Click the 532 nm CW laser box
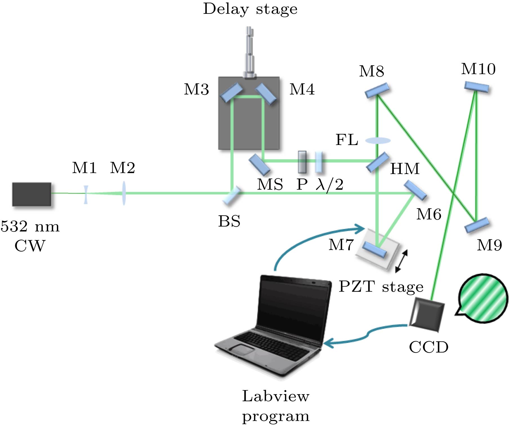(32, 194)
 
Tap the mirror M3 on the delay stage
(231, 92)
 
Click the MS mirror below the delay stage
(259, 165)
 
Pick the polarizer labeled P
(302, 162)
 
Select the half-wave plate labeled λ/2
(318, 162)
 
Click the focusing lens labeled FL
(378, 140)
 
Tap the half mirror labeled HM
(378, 162)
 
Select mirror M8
(377, 90)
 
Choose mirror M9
(477, 225)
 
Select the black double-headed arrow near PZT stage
(401, 261)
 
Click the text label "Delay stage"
(250, 9)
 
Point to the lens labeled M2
(123, 193)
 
